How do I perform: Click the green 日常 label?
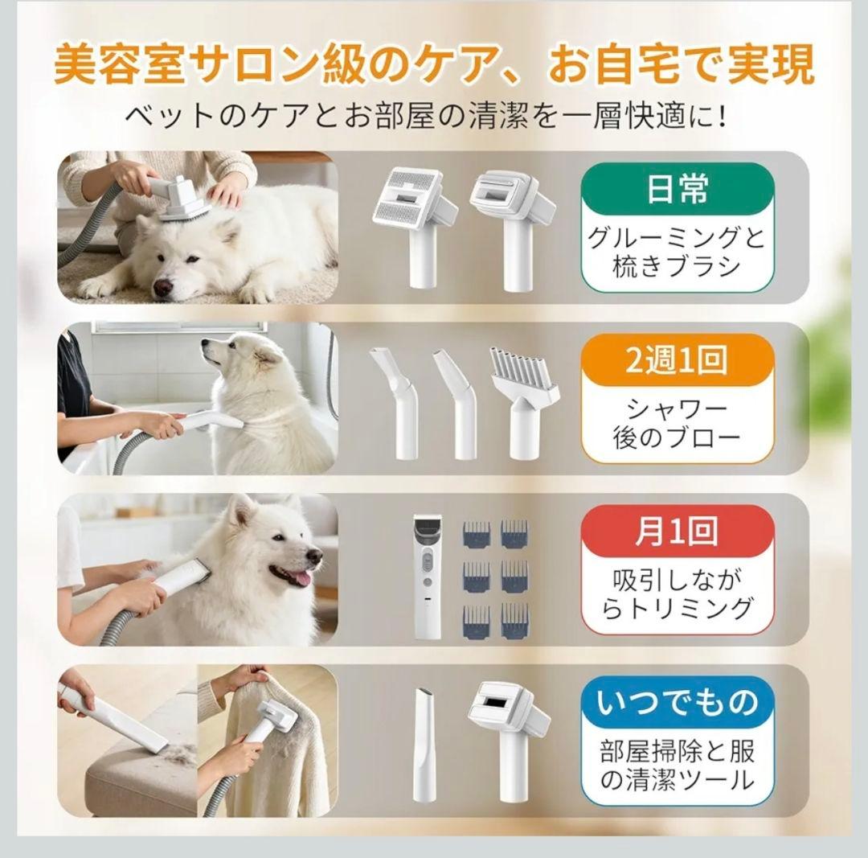click(677, 191)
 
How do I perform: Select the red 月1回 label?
click(677, 532)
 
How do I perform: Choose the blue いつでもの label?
click(677, 703)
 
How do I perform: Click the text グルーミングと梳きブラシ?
click(677, 252)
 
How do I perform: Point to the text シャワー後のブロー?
click(677, 423)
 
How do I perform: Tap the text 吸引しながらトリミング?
click(677, 593)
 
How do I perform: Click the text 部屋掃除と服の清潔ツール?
click(677, 766)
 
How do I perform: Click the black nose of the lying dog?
click(163, 285)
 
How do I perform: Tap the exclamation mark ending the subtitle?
click(724, 118)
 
